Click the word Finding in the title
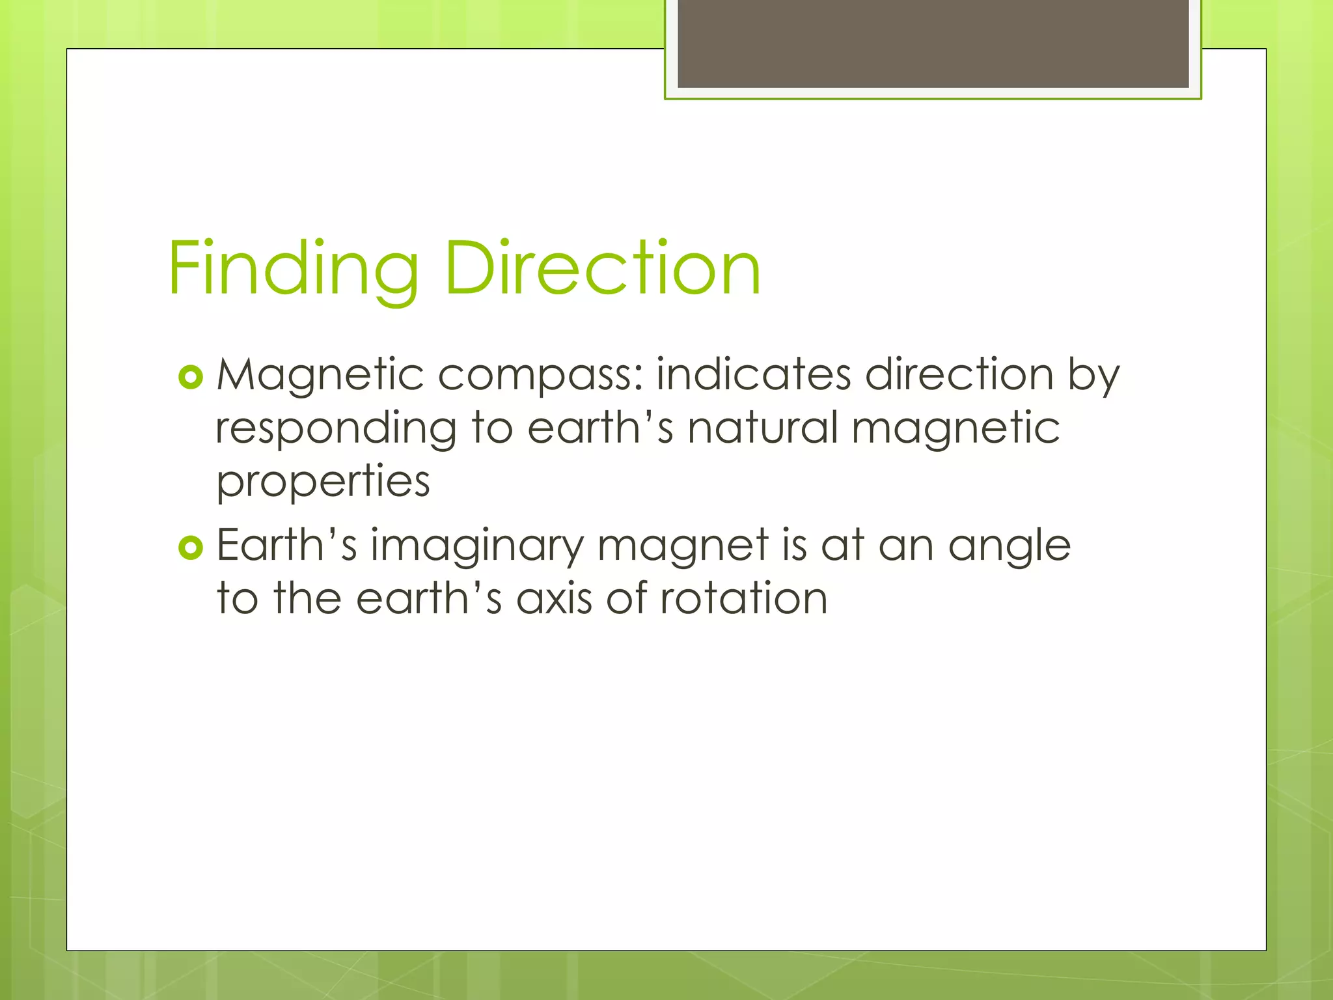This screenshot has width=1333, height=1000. tap(293, 269)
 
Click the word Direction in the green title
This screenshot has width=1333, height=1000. tap(602, 269)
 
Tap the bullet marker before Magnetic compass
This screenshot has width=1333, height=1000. tap(191, 377)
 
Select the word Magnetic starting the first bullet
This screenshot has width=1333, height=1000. tap(320, 376)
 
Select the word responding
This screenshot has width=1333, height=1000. tap(336, 429)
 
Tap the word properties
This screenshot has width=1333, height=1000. tap(323, 482)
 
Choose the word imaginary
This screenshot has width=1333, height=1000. tap(477, 546)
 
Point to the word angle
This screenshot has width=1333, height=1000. tap(1009, 546)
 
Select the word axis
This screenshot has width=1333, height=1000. tap(554, 598)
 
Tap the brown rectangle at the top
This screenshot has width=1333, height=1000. tap(933, 44)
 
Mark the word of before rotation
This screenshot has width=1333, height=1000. tap(625, 598)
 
